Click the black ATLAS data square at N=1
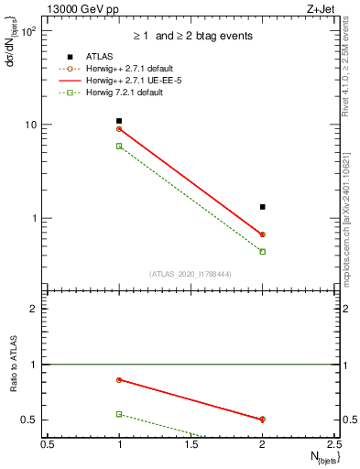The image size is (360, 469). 119,121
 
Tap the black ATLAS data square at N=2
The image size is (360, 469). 263,207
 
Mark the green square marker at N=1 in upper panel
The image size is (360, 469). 119,146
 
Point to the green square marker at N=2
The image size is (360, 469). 263,251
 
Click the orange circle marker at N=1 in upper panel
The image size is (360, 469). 119,129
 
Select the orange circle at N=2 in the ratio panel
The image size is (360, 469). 263,420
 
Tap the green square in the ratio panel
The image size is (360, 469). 119,414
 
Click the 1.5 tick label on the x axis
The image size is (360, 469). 191,444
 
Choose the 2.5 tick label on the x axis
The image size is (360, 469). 334,444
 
